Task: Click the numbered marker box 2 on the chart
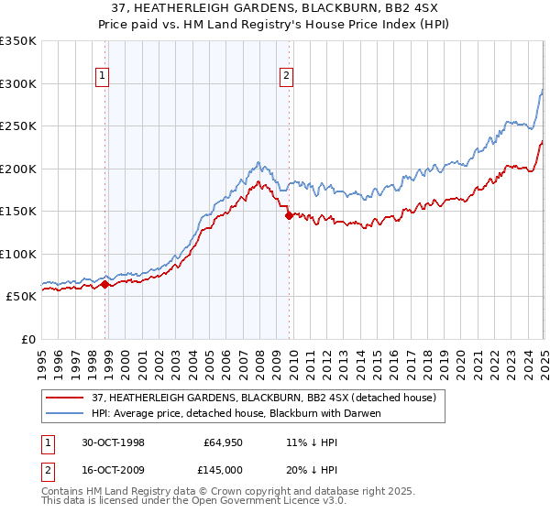tap(286, 76)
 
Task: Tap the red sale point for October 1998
tap(104, 284)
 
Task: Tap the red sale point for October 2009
tap(289, 216)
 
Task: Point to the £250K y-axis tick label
tap(18, 126)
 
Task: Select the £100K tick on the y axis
tap(18, 254)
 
